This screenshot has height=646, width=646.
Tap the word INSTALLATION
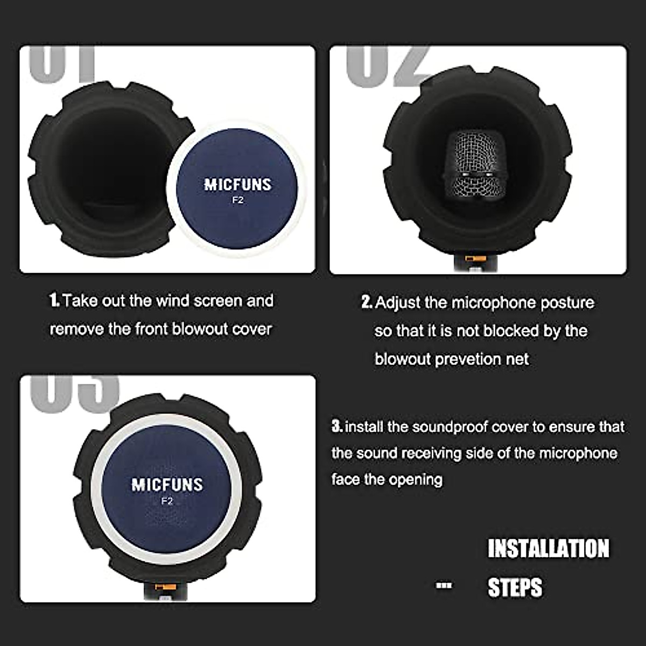coord(548,549)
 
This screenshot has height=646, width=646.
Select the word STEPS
coord(515,587)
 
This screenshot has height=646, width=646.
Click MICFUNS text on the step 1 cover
coord(237,185)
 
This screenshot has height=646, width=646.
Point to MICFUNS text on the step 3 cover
coord(167,484)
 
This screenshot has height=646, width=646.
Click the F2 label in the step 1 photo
coord(237,201)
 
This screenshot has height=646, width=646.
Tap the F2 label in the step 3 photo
coord(167,501)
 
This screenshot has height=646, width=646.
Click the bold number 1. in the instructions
coord(54,300)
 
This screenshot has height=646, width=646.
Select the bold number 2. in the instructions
coord(367,303)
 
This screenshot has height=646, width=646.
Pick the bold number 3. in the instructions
coord(337,427)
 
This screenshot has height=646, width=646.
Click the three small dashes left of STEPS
coord(444,586)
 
